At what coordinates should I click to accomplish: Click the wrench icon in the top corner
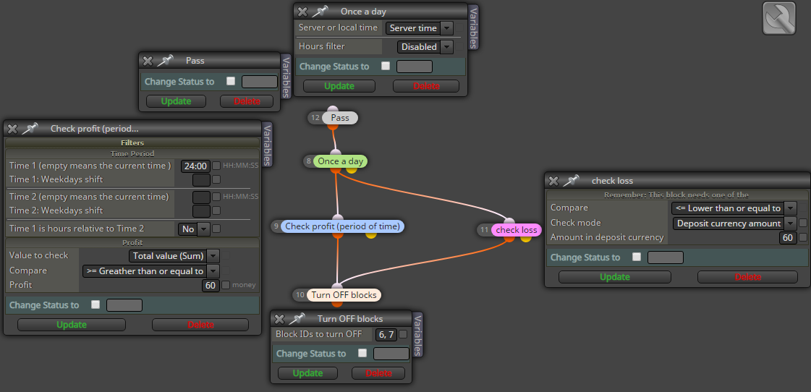tap(779, 18)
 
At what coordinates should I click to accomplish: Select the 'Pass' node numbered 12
tap(340, 118)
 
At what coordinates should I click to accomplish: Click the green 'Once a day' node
tap(340, 161)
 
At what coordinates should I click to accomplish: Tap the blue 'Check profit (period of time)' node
tap(342, 226)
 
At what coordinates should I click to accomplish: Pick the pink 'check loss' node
tap(516, 230)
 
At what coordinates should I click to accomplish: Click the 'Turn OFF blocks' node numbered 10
tap(344, 295)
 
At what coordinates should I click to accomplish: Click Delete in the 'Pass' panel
tap(247, 101)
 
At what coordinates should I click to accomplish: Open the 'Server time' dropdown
tap(420, 28)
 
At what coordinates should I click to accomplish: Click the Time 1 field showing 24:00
tap(195, 166)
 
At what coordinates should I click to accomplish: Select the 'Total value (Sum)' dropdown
tap(174, 255)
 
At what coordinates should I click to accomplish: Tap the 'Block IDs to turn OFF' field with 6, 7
tap(386, 335)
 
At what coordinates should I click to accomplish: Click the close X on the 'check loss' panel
tap(553, 181)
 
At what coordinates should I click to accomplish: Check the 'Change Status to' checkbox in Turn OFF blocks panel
tap(362, 353)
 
